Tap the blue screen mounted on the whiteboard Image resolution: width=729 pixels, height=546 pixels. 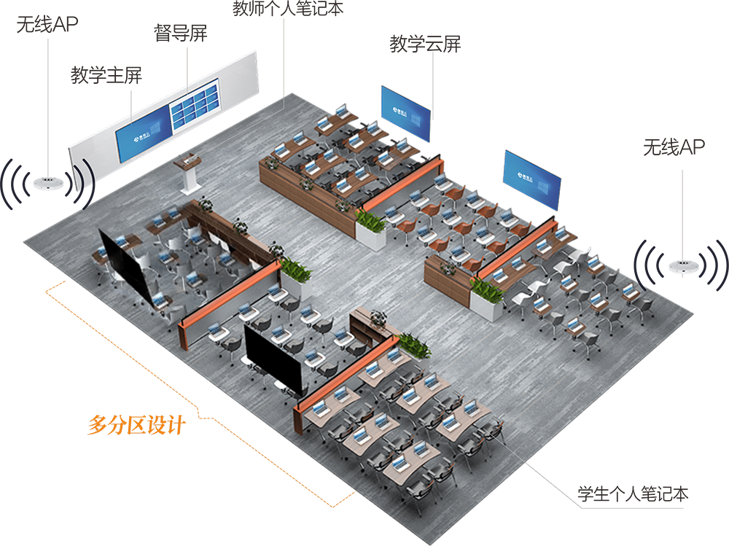[x=144, y=136]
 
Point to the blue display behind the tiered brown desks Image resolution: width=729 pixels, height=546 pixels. [x=405, y=114]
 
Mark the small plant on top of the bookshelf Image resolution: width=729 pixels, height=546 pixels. [x=378, y=315]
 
